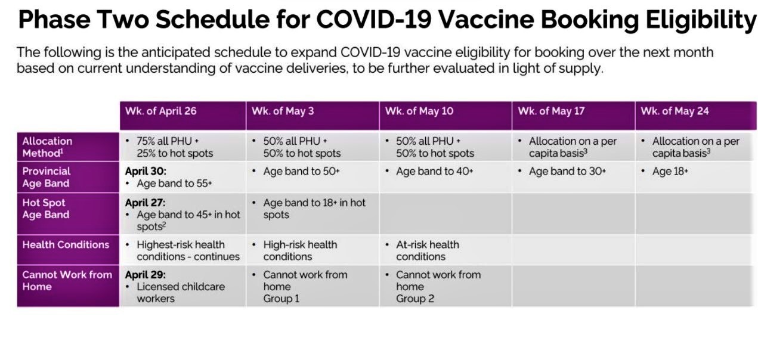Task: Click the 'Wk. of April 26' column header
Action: click(161, 111)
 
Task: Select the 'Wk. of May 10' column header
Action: click(419, 111)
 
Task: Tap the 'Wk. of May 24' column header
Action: click(675, 111)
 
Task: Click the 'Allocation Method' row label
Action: click(47, 147)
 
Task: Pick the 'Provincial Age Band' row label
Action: click(47, 177)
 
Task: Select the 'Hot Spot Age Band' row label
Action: click(46, 209)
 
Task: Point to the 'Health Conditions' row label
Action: click(66, 244)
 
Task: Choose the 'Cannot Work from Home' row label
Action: click(67, 281)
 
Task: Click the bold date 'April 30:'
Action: click(146, 171)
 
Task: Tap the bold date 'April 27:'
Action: click(145, 203)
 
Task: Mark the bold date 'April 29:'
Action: click(146, 274)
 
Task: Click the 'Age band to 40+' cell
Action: click(434, 171)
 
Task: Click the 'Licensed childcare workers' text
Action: click(181, 292)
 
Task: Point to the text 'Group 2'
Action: click(415, 299)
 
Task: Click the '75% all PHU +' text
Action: click(168, 141)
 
